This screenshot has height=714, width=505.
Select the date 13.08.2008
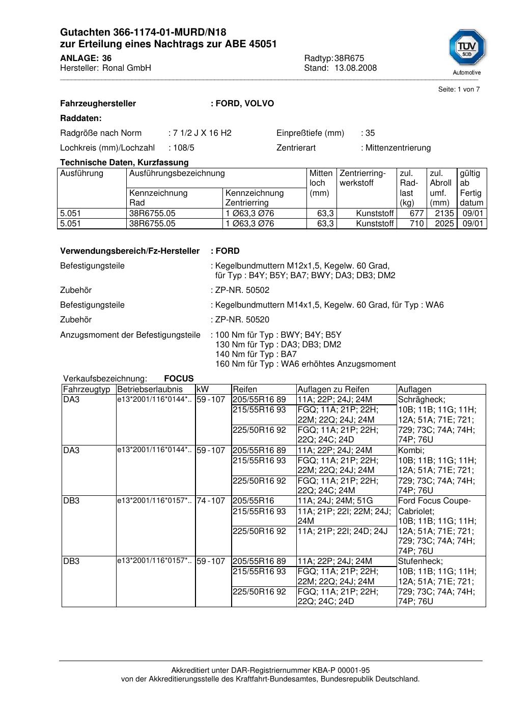coord(355,68)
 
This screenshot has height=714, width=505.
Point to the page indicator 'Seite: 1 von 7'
coord(459,90)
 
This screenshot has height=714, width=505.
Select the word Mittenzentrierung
coord(398,148)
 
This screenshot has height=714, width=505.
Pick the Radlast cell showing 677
coord(416,214)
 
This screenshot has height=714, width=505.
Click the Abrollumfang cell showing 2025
coord(444,224)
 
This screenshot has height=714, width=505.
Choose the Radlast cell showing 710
coord(416,224)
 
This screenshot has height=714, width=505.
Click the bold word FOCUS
coord(179,379)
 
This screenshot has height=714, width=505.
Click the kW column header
coord(203,390)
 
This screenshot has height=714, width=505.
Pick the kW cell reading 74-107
coord(211,501)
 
